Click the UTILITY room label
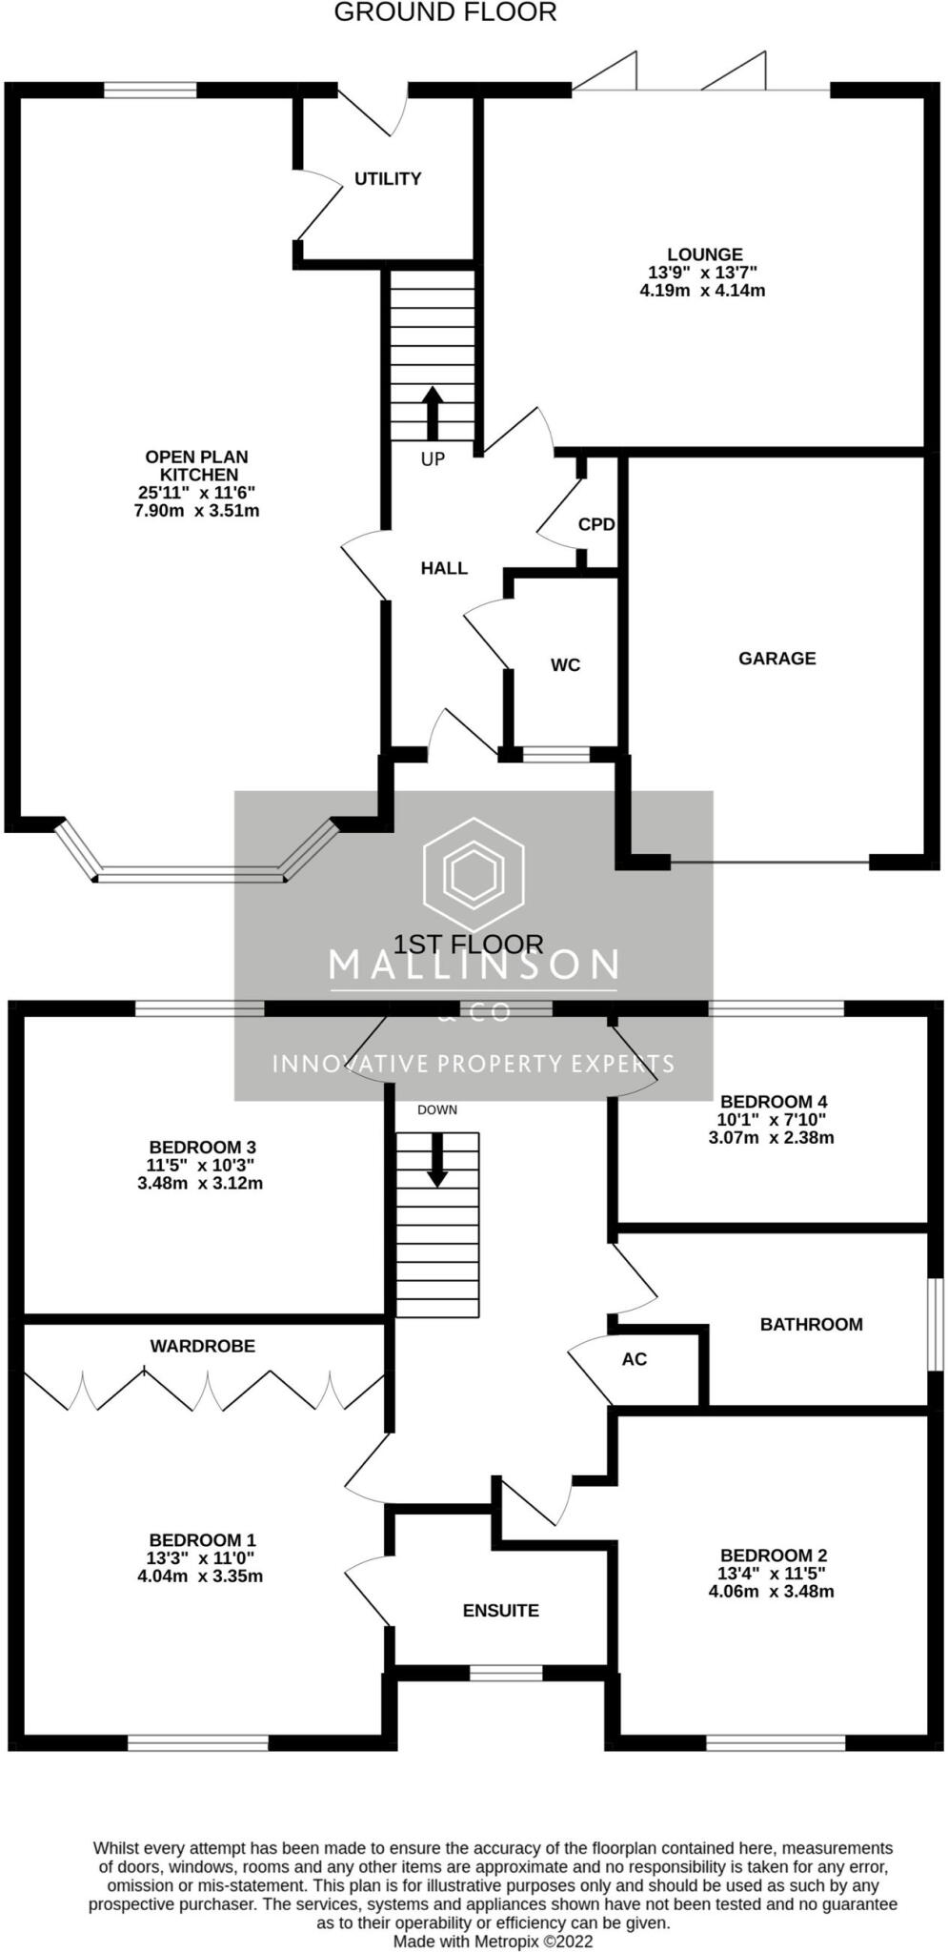pyautogui.click(x=387, y=179)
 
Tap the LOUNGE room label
pyautogui.click(x=704, y=254)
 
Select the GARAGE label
pyautogui.click(x=777, y=659)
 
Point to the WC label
pyautogui.click(x=565, y=665)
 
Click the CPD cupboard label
pyautogui.click(x=596, y=525)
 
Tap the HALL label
pyautogui.click(x=444, y=569)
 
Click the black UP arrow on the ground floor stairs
pyautogui.click(x=433, y=411)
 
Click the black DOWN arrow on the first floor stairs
pyautogui.click(x=437, y=1159)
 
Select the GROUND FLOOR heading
pyautogui.click(x=445, y=12)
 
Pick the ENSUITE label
pyautogui.click(x=500, y=1611)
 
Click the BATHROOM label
pyautogui.click(x=811, y=1325)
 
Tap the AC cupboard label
pyautogui.click(x=634, y=1359)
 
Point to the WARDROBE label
pyautogui.click(x=202, y=1346)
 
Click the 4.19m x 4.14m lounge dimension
pyautogui.click(x=702, y=291)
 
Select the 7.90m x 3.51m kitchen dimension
pyautogui.click(x=197, y=511)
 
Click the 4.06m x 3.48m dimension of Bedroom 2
pyautogui.click(x=771, y=1592)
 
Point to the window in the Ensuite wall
pyautogui.click(x=506, y=1673)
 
